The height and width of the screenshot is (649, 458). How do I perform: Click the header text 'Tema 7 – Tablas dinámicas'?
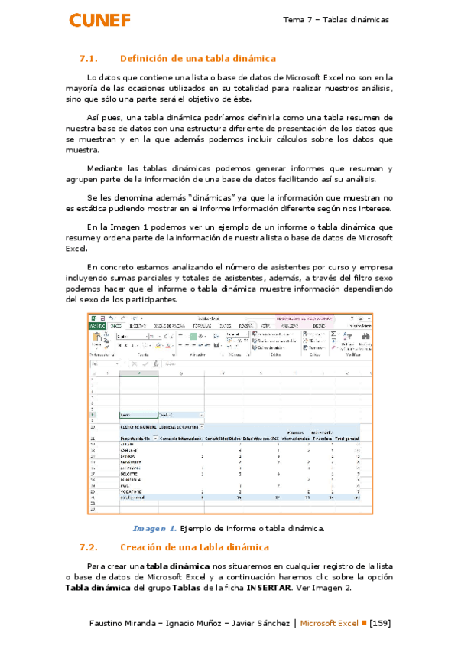coord(336,19)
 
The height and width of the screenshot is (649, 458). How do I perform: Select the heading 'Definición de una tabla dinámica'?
coord(198,59)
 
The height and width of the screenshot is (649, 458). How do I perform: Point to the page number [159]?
coord(380,623)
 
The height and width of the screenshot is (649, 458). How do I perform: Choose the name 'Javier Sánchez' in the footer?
coord(257,623)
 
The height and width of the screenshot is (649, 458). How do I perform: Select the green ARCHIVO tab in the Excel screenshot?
coord(97,325)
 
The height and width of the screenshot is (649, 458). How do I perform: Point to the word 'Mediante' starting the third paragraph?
coord(107,168)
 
